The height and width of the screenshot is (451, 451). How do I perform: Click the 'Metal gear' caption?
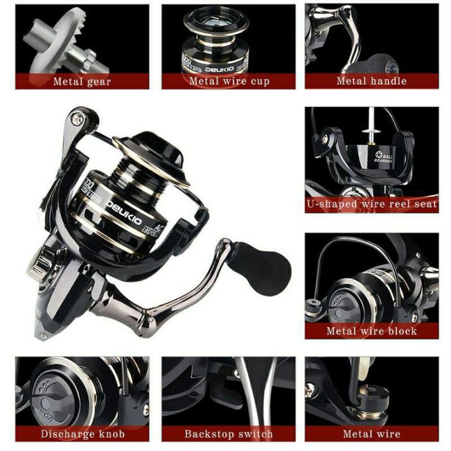tap(82, 81)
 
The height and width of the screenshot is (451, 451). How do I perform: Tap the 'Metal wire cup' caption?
tap(229, 81)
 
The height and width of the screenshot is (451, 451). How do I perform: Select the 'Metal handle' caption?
tap(371, 81)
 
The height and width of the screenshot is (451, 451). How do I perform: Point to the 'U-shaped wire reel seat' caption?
tap(371, 204)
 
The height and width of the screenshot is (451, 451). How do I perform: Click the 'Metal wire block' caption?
tap(371, 330)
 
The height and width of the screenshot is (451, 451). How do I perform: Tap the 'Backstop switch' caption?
tap(229, 433)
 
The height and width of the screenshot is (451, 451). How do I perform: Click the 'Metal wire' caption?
tap(371, 433)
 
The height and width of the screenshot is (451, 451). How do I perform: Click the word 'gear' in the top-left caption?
tap(100, 81)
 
